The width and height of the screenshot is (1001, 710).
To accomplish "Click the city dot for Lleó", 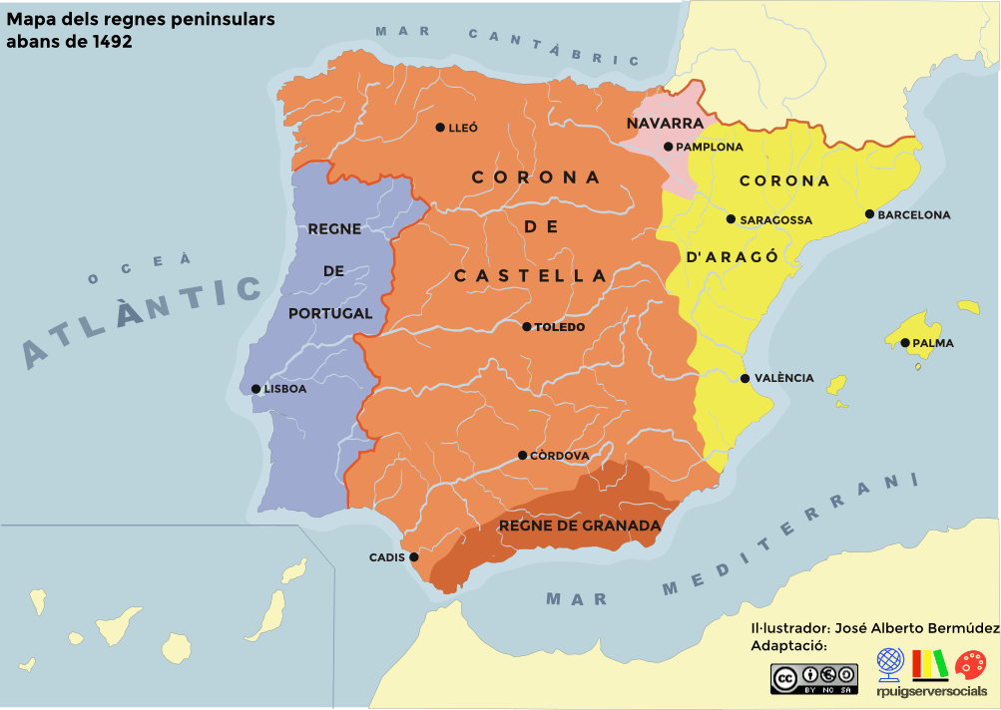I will click(x=440, y=128).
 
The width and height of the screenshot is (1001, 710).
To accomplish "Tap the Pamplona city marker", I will click(x=668, y=147).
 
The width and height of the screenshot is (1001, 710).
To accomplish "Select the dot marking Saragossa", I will click(x=731, y=219).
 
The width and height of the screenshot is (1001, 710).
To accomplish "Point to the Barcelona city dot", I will click(x=869, y=214).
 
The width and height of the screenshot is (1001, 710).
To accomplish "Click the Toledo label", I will click(x=560, y=327).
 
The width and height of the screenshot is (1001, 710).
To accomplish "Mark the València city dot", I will click(x=745, y=378).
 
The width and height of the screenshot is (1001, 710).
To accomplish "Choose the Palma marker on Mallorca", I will click(x=905, y=343).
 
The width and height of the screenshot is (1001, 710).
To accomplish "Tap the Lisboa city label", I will click(x=285, y=389).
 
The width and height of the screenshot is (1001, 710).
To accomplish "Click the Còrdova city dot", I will click(x=522, y=456).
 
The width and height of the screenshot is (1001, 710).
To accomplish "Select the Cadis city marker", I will click(x=413, y=557).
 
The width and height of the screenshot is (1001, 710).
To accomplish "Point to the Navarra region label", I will click(x=665, y=124).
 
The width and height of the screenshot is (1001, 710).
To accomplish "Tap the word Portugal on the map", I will click(x=329, y=313).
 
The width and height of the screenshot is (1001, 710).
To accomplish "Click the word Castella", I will click(x=530, y=276).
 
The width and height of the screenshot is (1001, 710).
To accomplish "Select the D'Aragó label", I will click(x=732, y=255).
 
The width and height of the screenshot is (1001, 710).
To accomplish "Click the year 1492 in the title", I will click(x=110, y=43).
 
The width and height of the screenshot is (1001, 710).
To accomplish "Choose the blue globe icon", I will click(x=890, y=663).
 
